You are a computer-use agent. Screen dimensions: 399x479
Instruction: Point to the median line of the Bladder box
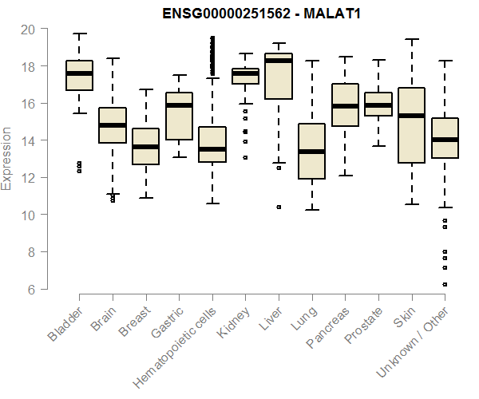pos(79,73)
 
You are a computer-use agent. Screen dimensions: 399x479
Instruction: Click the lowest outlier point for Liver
pos(278,207)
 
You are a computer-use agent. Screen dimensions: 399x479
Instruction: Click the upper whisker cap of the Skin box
pos(411,39)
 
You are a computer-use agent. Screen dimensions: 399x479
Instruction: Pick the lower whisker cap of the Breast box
pos(145,197)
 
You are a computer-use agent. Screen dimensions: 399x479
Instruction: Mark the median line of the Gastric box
pos(179,105)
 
